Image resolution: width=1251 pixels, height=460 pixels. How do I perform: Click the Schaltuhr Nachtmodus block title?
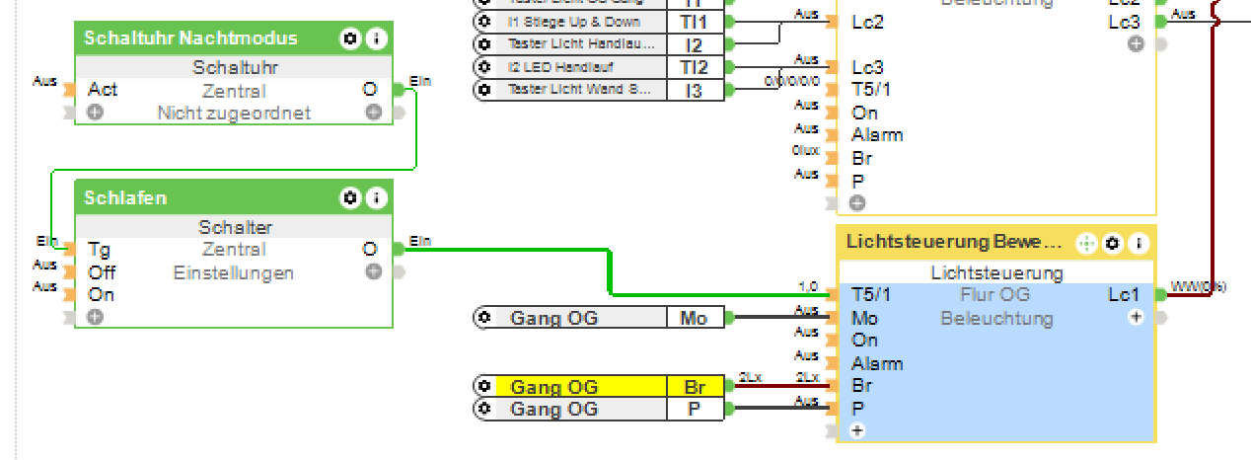(x=190, y=38)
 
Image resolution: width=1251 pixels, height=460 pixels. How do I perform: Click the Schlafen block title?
(x=125, y=198)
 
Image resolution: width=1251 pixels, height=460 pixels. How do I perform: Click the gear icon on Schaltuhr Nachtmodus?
(x=349, y=38)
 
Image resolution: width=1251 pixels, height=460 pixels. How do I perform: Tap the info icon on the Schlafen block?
(x=377, y=198)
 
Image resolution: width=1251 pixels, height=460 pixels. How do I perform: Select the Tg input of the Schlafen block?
(x=99, y=250)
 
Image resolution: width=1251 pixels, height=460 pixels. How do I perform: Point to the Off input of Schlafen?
(x=102, y=272)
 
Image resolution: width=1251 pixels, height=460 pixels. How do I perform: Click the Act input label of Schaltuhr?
(x=103, y=90)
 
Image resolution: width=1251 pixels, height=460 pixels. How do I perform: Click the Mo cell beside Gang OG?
(x=694, y=318)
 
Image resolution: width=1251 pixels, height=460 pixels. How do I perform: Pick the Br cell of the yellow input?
(x=694, y=386)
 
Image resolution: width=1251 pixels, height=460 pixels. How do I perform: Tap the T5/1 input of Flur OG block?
(x=871, y=294)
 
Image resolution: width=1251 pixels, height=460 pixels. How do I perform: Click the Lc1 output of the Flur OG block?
(x=1123, y=294)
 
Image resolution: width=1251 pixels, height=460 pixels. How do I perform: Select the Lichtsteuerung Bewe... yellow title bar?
(x=954, y=242)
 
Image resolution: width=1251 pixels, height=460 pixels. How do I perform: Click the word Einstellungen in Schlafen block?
(x=233, y=272)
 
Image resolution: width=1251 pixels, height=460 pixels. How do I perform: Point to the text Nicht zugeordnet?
(x=234, y=113)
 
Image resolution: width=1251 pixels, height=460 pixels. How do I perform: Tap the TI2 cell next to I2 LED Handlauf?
(x=694, y=67)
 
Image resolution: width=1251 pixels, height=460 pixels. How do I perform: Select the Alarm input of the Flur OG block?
(x=877, y=363)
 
